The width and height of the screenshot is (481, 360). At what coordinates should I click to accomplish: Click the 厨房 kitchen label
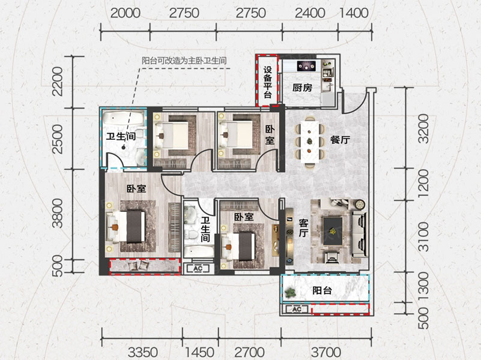[302, 88]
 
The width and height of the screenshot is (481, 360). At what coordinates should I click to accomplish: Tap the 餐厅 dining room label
[340, 140]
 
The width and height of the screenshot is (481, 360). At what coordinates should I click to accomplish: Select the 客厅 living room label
[303, 227]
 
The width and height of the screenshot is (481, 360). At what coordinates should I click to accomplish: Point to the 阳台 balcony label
[322, 290]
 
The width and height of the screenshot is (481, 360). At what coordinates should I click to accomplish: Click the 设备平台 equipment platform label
[267, 82]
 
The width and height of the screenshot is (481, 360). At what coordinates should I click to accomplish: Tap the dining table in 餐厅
[310, 142]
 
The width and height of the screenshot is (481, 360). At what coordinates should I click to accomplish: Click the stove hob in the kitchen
[306, 66]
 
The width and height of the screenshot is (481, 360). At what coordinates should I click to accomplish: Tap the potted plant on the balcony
[290, 293]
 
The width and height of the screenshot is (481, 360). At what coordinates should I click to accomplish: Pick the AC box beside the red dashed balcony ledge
[296, 309]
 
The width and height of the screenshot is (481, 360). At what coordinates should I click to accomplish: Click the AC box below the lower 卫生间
[198, 269]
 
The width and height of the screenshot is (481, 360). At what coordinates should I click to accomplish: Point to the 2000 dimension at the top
[125, 13]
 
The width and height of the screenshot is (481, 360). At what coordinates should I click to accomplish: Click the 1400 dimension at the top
[354, 13]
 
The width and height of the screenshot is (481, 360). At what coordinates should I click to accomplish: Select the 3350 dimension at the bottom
[143, 352]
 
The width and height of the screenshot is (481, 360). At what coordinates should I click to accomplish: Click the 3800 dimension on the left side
[58, 213]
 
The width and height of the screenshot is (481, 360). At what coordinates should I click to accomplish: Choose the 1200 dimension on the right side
[423, 184]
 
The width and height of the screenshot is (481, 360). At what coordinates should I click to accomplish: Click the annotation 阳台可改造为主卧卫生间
[184, 60]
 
